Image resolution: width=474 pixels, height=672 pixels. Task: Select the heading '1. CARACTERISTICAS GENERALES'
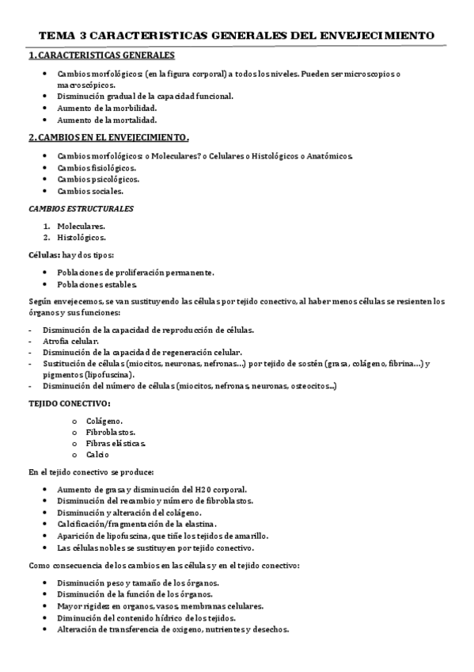point(101,56)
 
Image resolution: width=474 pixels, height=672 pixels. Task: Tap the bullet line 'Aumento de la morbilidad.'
point(107,108)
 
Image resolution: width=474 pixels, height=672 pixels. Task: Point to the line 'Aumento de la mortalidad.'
point(107,120)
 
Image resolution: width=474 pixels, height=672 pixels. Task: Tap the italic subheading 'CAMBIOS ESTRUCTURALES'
point(81,208)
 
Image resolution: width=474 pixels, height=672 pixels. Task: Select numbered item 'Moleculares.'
point(81,226)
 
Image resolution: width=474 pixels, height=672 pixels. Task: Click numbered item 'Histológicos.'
point(82,237)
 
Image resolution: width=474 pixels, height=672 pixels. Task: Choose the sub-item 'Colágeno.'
point(104,421)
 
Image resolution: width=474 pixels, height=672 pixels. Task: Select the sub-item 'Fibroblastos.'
point(110,432)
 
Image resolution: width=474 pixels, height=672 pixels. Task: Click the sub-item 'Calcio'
point(98,455)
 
